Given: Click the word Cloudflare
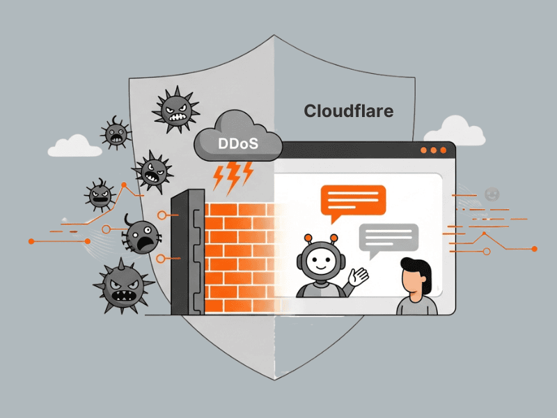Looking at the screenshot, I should [x=349, y=111].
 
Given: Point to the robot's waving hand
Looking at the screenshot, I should [x=359, y=277].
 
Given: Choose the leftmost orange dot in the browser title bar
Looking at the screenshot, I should [x=423, y=150].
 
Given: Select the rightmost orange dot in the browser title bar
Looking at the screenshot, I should [x=443, y=150].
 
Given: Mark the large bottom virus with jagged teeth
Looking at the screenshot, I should [x=124, y=287].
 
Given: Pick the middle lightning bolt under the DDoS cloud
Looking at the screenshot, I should [x=233, y=180].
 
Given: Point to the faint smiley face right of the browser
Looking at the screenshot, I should [x=492, y=192].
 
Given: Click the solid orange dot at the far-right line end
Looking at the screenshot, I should [x=534, y=249].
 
